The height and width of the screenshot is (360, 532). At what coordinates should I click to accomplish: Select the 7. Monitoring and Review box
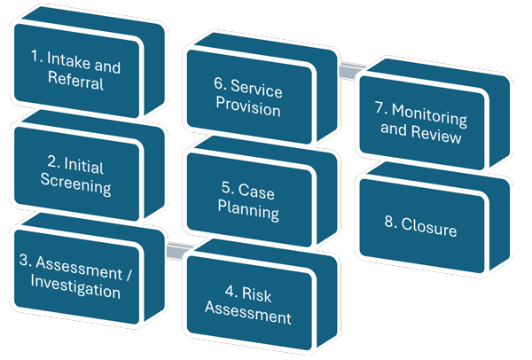(424, 128)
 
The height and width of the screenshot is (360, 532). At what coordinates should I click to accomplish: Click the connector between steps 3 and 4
(180, 251)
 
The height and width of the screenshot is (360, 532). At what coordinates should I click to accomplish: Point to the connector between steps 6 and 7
(353, 66)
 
